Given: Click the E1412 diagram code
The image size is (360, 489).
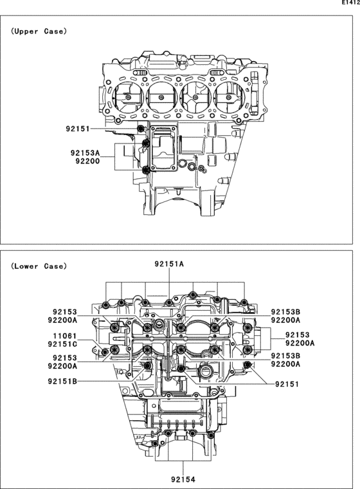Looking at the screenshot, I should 348,3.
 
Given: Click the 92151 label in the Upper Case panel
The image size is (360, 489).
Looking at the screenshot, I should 78,129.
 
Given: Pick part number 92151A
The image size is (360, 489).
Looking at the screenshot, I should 169,264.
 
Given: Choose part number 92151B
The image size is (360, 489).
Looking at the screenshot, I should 62,381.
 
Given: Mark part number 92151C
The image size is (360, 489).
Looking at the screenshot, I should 62,344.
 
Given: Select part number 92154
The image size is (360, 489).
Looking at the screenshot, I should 184,479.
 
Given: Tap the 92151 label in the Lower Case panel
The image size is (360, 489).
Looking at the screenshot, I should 288,384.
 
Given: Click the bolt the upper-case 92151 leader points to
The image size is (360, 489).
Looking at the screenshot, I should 141,129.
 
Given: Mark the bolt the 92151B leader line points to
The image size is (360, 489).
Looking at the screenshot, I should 147,366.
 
